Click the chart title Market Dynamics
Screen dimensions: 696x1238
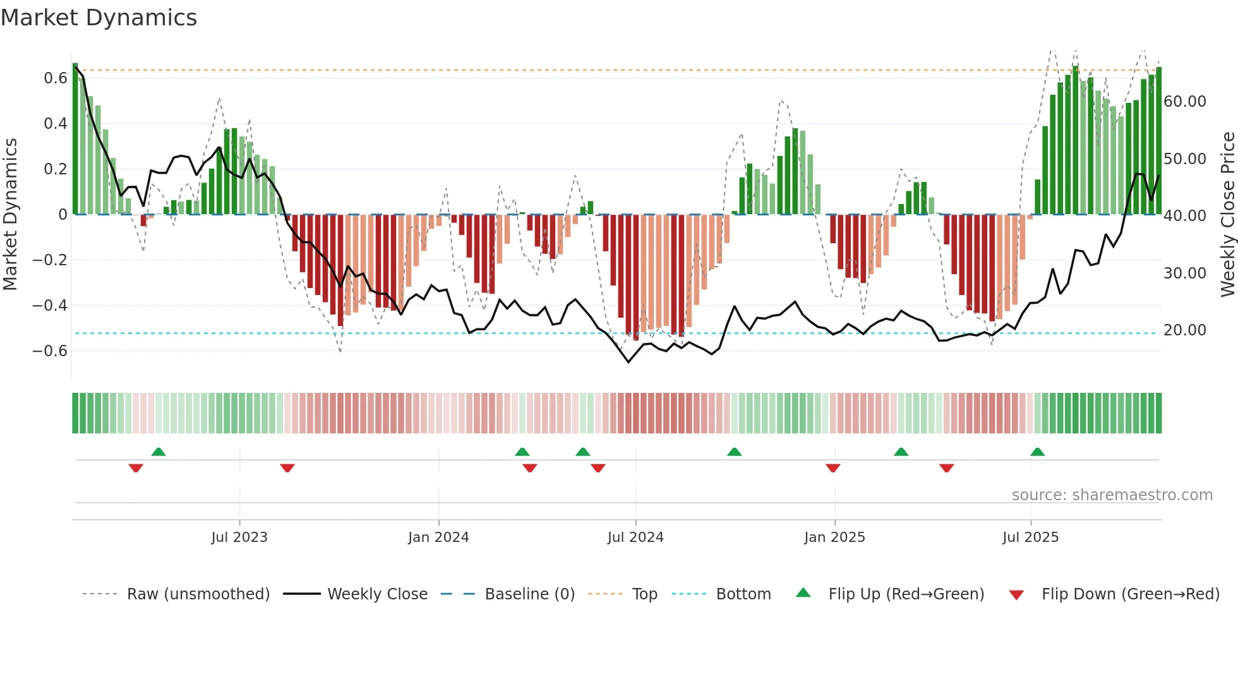point(99,18)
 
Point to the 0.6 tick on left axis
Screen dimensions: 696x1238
point(56,78)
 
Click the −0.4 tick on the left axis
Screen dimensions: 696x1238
point(50,306)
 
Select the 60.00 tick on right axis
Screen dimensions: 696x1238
point(1184,102)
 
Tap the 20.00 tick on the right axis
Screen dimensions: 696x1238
point(1184,330)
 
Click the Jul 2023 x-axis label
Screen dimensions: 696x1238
point(239,537)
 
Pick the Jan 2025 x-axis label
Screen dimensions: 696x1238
point(834,537)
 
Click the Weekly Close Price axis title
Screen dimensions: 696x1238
point(1227,214)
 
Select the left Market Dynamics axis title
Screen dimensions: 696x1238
point(10,214)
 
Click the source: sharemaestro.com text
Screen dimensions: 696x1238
point(1112,495)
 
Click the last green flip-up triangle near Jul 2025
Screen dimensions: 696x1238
point(1037,452)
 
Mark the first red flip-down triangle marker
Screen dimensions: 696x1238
point(136,468)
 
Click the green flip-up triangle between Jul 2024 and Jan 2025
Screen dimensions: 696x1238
point(734,452)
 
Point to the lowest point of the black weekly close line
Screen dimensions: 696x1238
point(628,362)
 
